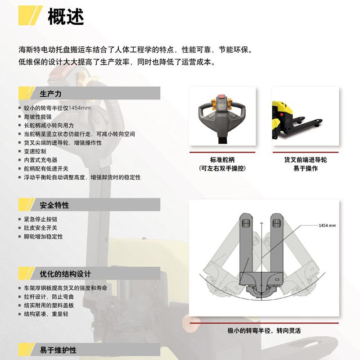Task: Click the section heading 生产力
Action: pyautogui.click(x=50, y=93)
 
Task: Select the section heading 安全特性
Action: pyautogui.click(x=54, y=205)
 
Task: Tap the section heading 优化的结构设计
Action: pyautogui.click(x=65, y=274)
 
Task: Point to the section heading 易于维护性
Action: pyautogui.click(x=58, y=350)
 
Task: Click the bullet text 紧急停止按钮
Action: pyautogui.click(x=40, y=219)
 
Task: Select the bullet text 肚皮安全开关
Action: pyautogui.click(x=40, y=228)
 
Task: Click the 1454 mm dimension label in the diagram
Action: pyautogui.click(x=327, y=225)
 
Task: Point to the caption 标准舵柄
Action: pyautogui.click(x=222, y=160)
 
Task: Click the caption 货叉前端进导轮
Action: pyautogui.click(x=306, y=160)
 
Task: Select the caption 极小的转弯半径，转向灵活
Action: pyautogui.click(x=264, y=331)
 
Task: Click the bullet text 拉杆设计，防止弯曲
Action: pyautogui.click(x=49, y=297)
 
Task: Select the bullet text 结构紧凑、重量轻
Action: pyautogui.click(x=46, y=314)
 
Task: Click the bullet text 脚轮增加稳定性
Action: pyautogui.click(x=43, y=236)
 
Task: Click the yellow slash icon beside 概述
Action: pyautogui.click(x=30, y=15)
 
